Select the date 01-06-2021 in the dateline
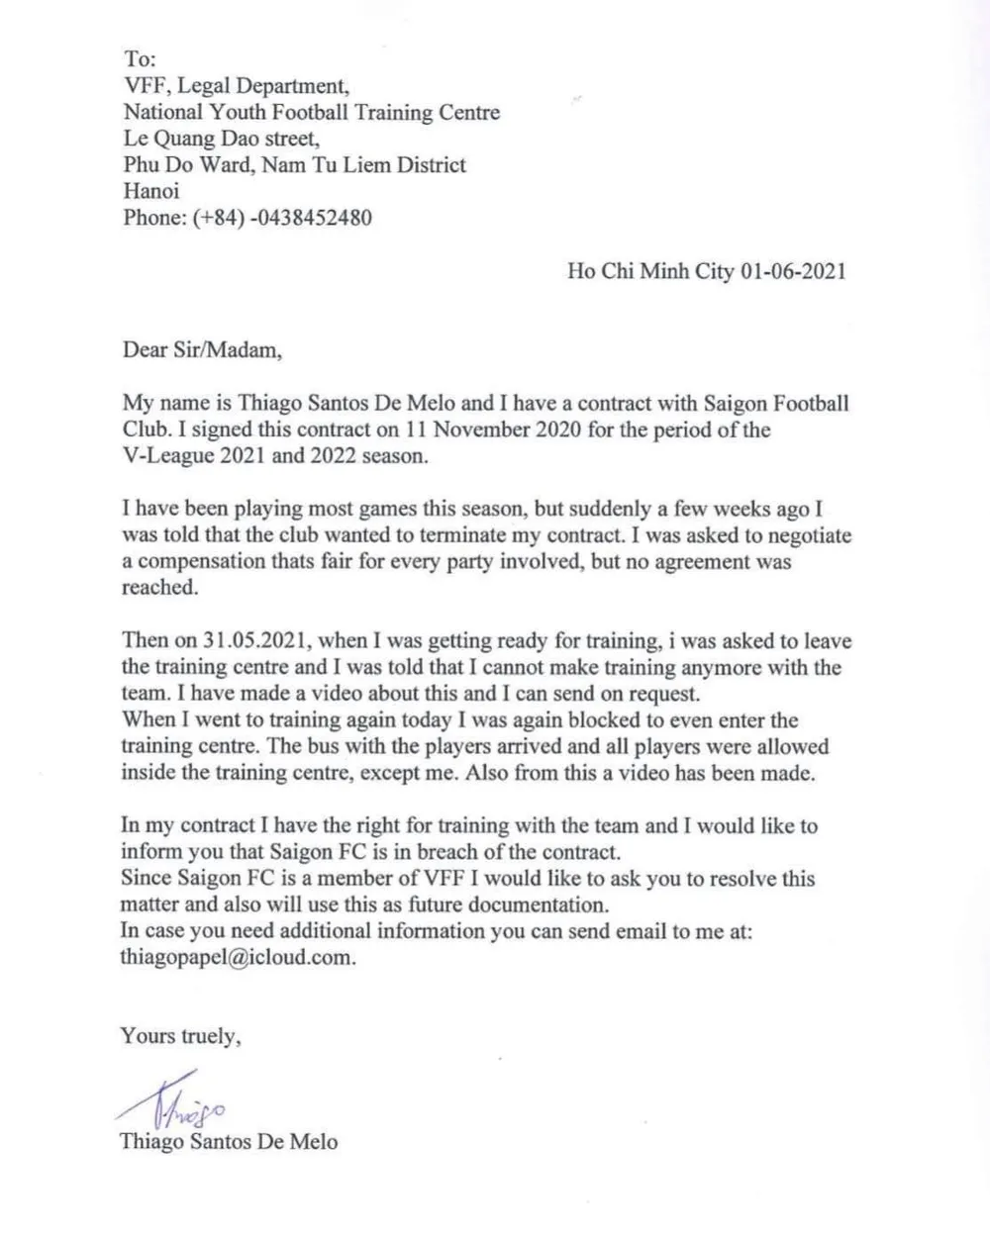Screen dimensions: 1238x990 click(x=793, y=271)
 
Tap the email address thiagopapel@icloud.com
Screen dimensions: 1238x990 click(x=237, y=958)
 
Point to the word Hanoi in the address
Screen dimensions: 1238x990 click(x=151, y=191)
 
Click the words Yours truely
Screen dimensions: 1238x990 click(x=179, y=1036)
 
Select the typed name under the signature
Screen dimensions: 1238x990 click(x=229, y=1141)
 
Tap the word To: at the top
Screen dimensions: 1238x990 click(x=137, y=59)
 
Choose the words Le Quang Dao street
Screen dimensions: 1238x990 click(x=222, y=139)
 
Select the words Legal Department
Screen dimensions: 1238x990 click(x=261, y=86)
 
